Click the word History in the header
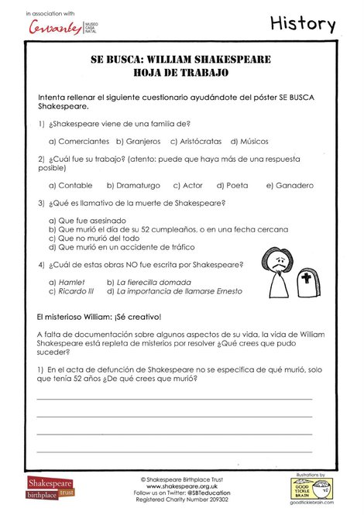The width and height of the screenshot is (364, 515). [x=303, y=24]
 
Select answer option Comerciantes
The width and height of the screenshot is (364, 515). [x=79, y=142]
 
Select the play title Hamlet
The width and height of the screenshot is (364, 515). [x=71, y=283]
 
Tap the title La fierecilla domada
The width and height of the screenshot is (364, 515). [x=153, y=283]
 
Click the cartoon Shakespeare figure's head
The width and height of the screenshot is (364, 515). [x=273, y=261]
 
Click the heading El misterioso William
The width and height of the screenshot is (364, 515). [x=98, y=317]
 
